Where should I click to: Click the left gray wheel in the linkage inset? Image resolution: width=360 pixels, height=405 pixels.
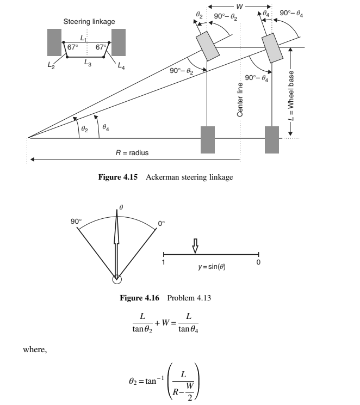point(54,42)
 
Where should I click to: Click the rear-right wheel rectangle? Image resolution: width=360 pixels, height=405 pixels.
point(272,139)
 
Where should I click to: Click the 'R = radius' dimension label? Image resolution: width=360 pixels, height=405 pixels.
point(132,153)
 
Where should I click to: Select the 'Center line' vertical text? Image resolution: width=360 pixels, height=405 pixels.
point(240,98)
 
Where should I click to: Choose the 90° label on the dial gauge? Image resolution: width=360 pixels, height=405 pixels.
point(76,222)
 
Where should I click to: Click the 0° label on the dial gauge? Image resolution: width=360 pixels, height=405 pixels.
point(161,223)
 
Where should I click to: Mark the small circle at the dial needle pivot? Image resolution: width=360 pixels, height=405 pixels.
point(116,279)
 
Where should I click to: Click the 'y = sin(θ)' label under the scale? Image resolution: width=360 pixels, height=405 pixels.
point(212,268)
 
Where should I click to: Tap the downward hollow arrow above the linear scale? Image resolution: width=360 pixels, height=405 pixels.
point(196,247)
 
